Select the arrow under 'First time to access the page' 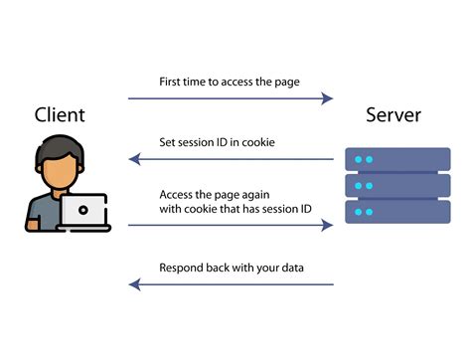tap(230, 98)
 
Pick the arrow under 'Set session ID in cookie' tap(230, 159)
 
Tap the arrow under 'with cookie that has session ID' tap(230, 226)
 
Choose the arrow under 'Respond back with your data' tap(230, 285)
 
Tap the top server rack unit tap(397, 159)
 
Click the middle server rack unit tap(397, 185)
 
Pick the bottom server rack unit tap(397, 211)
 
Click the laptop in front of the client tap(82, 212)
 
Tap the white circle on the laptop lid tap(82, 210)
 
